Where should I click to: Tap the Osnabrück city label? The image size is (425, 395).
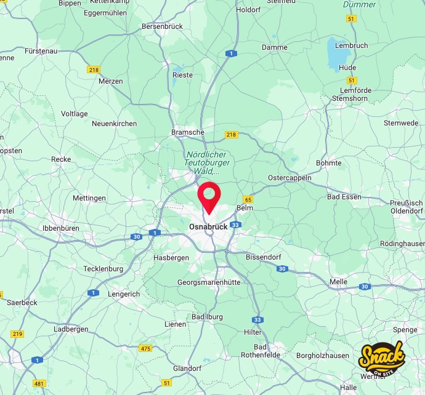pos(208,226)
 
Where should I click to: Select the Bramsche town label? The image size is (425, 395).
pos(188,132)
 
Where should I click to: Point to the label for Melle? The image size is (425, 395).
pos(338,282)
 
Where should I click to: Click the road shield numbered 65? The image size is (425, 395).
pos(248,199)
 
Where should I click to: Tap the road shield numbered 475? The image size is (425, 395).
pos(145,348)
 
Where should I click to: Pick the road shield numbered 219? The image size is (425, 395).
pos(17,333)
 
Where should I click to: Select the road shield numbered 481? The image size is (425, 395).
pos(39,383)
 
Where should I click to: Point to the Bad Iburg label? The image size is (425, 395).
pos(208,317)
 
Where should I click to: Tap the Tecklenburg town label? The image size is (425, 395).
pos(103,269)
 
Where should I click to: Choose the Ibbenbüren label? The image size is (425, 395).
pos(61,228)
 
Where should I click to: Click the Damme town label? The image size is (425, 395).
pos(275,47)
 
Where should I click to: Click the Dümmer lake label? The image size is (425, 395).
pos(358,5)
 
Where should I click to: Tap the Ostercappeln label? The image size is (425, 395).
pos(289,178)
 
